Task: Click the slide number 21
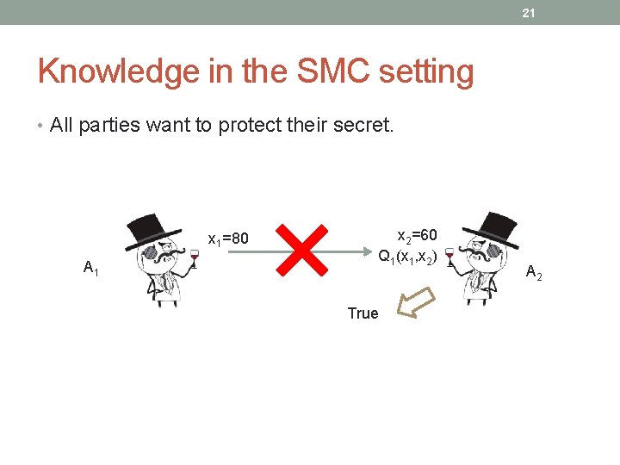[530, 13]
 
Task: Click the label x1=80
[228, 237]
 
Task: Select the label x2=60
[416, 234]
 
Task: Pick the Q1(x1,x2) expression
[408, 257]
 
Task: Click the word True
[363, 313]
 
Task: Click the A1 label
[90, 269]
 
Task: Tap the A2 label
[533, 273]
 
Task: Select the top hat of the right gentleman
[492, 226]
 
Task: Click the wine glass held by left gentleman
[195, 259]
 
